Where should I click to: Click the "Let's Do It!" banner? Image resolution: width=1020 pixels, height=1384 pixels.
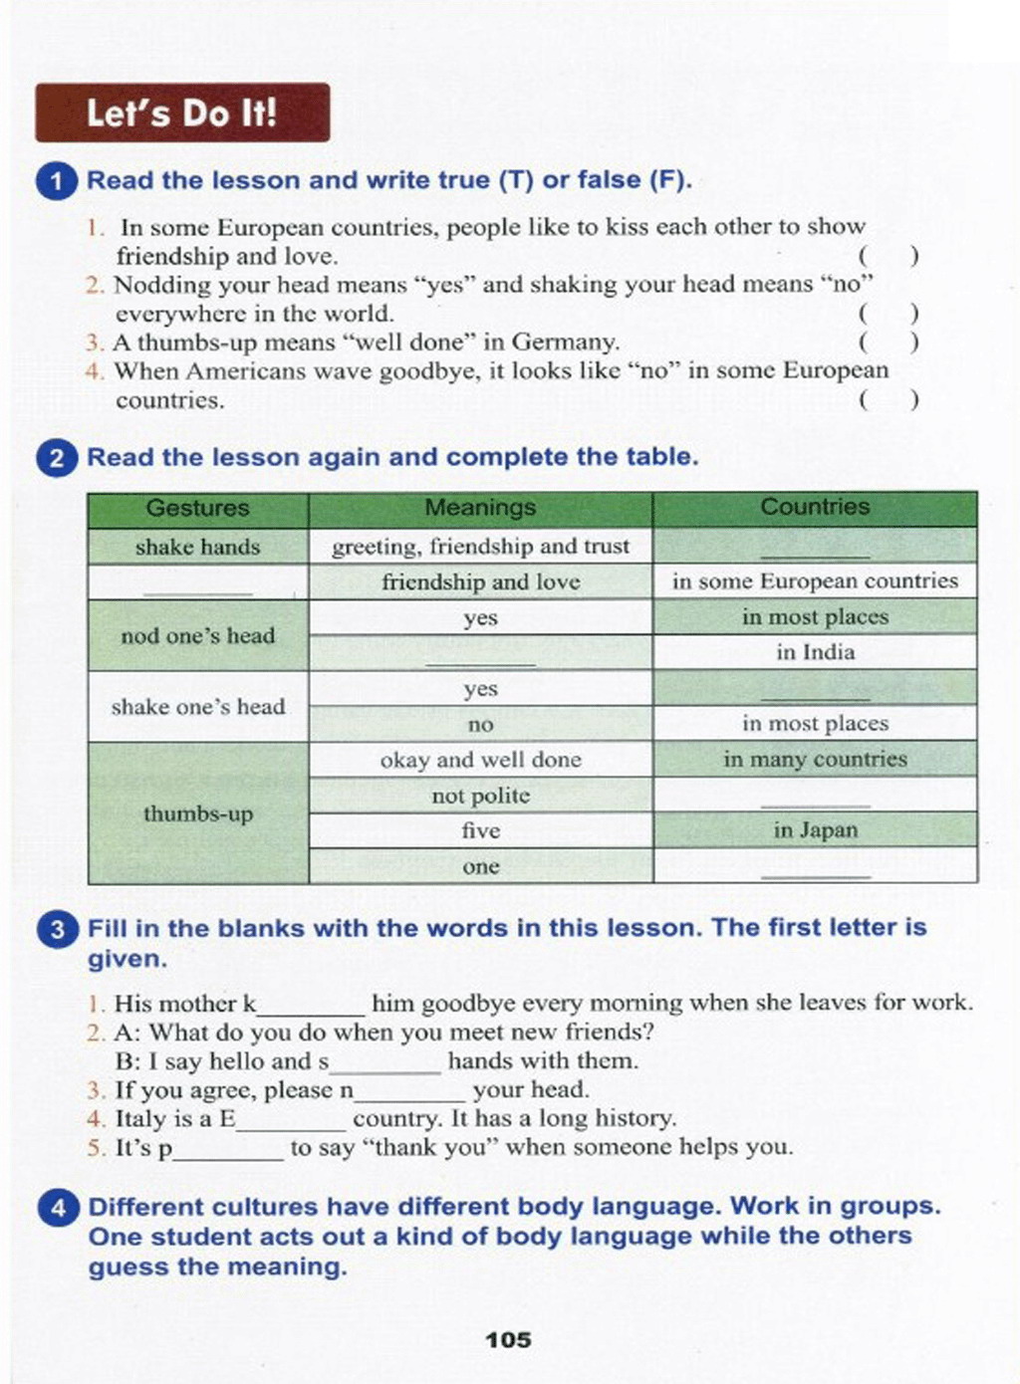coord(182,113)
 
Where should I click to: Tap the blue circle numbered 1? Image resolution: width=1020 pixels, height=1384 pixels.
coord(58,181)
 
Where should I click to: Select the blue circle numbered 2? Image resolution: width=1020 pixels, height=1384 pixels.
coord(58,458)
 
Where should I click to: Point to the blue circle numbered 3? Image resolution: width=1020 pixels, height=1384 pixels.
coord(58,929)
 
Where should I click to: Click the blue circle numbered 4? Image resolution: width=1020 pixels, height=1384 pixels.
coord(58,1208)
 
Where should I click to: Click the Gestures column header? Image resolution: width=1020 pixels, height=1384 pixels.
coord(197,508)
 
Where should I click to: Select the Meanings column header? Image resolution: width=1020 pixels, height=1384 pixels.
coord(480,508)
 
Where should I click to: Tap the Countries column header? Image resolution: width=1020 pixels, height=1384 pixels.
coord(815,507)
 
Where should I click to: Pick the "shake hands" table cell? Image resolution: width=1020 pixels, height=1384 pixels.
coord(197,547)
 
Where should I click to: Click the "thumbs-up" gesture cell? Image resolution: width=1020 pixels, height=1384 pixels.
coord(197,813)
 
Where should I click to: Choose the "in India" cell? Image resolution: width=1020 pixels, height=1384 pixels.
coord(815,652)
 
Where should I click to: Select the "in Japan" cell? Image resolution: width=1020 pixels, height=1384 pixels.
coord(815,829)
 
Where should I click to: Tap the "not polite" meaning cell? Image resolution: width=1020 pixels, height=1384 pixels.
coord(480,796)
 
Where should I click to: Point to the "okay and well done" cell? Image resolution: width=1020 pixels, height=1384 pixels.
coord(480,760)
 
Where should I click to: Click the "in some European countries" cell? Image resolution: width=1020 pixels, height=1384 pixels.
coord(815,581)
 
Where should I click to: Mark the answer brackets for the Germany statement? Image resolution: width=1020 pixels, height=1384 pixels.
coord(888,343)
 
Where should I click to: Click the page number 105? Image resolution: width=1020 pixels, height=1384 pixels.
coord(508,1340)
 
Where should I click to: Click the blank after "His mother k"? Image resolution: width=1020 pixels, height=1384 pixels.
coord(312,1004)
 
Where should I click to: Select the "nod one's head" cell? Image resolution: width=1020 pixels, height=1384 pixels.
coord(197,635)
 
